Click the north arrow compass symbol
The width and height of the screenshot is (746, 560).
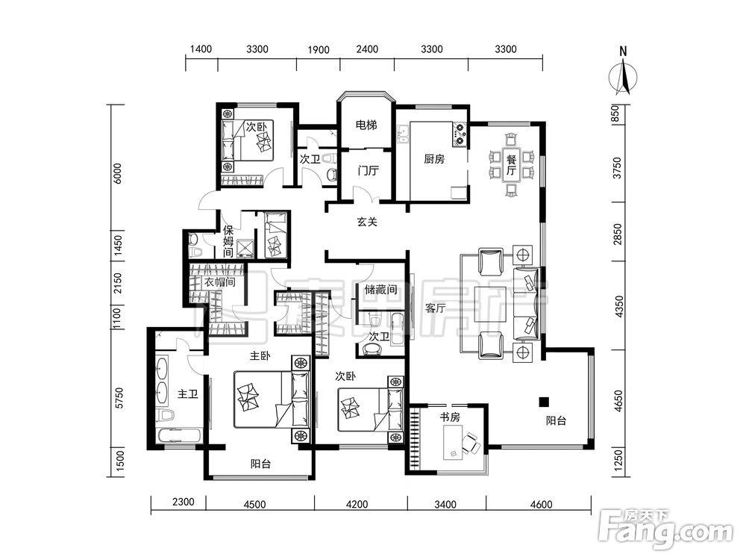[623, 76]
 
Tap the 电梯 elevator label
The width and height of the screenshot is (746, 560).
[366, 125]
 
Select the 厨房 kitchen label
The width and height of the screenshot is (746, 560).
[434, 159]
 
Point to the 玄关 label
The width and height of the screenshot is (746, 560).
[367, 222]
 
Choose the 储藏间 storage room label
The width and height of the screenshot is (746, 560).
[380, 289]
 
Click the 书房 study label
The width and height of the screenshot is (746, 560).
[450, 417]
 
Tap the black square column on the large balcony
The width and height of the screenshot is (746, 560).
[544, 402]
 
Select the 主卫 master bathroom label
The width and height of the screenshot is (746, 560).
[187, 394]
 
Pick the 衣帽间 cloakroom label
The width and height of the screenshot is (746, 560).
[220, 282]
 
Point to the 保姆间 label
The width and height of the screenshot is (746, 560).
[228, 241]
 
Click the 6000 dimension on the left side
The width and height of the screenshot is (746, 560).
[118, 173]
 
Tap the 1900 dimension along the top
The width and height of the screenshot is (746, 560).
[319, 49]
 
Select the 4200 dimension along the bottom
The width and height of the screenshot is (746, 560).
[357, 504]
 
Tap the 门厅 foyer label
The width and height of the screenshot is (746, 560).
[368, 170]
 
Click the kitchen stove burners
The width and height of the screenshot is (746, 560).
[460, 134]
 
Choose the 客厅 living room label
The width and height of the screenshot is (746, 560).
[436, 308]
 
